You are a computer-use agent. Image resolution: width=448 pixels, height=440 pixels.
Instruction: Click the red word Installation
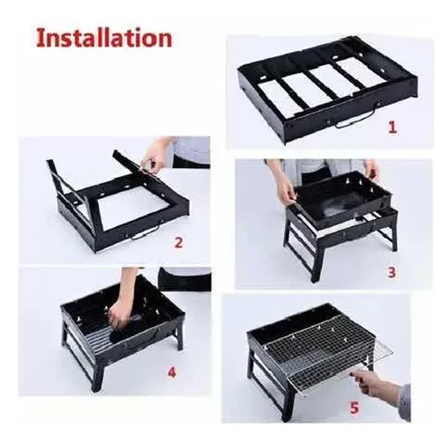coord(104,38)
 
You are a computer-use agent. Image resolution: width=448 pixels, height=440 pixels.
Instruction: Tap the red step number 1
coord(392,128)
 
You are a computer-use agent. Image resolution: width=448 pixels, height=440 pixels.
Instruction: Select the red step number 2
coord(178,242)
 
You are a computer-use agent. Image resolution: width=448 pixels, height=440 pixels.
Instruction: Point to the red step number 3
coord(392,272)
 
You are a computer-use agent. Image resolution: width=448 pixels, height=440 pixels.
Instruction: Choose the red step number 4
coord(171,372)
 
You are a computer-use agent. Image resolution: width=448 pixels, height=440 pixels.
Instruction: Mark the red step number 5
coord(355,407)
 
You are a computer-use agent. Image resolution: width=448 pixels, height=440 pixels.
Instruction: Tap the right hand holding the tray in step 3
coord(371,170)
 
